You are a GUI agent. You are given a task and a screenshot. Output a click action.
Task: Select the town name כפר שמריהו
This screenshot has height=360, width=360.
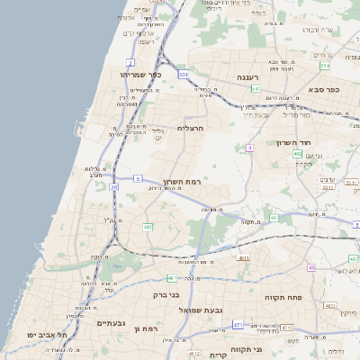click(141, 75)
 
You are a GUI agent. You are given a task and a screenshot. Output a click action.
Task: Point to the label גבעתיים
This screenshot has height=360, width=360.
click(116, 321)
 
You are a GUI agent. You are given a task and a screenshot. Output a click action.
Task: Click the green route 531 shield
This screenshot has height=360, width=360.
click(184, 74)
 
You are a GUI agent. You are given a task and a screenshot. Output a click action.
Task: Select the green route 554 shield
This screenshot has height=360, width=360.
click(325, 66)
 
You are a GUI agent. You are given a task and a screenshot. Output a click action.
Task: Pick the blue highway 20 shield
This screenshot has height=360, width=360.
click(114, 187)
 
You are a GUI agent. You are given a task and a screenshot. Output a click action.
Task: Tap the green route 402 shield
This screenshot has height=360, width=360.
click(297, 154)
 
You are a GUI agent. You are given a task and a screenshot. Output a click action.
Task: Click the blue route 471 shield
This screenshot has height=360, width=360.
click(238, 324)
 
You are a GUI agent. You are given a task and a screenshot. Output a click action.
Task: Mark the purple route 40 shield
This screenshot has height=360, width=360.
click(311, 267)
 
